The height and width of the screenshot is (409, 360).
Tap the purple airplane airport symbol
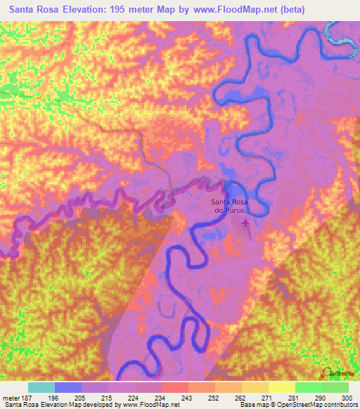245,223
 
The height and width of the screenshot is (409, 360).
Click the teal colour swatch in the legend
41,387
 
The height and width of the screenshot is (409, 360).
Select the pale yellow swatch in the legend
281,387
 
